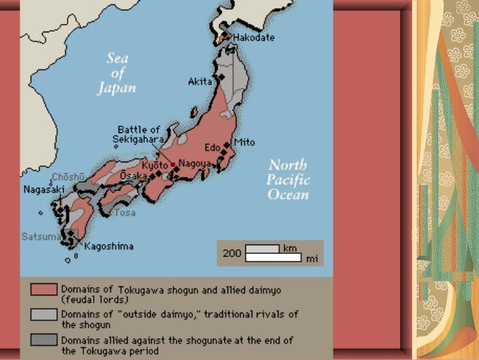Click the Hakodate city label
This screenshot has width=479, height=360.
click(x=253, y=38)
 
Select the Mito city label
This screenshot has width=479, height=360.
click(x=244, y=142)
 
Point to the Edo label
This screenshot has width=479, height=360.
click(x=212, y=147)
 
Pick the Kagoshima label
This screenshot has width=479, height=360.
click(x=109, y=246)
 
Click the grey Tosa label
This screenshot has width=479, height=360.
click(x=125, y=213)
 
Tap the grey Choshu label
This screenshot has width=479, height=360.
click(x=63, y=177)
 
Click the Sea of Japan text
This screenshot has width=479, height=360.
click(x=116, y=74)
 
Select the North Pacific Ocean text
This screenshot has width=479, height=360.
click(x=288, y=180)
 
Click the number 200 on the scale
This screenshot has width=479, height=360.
click(x=232, y=253)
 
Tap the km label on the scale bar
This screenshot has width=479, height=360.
click(x=291, y=247)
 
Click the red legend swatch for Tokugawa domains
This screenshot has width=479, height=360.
click(x=44, y=289)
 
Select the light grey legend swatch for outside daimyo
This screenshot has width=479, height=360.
click(x=44, y=314)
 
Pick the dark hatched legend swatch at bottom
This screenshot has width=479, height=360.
click(x=44, y=340)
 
